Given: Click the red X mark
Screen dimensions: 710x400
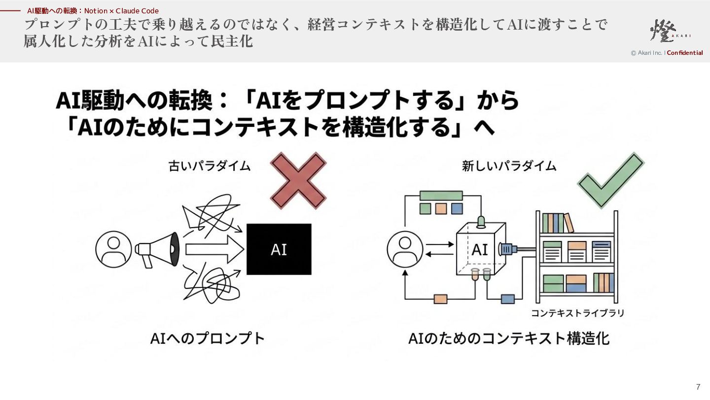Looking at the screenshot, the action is [298, 181].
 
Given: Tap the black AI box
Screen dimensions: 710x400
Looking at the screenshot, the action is [279, 249].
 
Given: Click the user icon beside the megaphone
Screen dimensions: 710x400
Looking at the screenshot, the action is [113, 249].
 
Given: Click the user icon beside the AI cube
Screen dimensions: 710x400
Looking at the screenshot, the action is [405, 249].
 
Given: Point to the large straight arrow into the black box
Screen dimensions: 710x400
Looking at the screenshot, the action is [214, 249].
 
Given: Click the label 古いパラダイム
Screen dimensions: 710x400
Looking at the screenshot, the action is [209, 166].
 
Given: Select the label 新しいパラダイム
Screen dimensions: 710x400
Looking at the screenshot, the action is [509, 166].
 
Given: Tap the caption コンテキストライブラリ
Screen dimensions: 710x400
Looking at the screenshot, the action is [577, 313].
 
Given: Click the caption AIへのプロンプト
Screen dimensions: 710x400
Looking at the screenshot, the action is [207, 338].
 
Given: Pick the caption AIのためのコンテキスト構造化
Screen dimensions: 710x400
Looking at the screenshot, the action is [509, 338].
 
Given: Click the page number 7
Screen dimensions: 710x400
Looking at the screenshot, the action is [698, 387].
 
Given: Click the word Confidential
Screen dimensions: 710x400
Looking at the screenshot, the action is [685, 53].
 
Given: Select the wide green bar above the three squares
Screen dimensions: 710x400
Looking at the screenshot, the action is [441, 196].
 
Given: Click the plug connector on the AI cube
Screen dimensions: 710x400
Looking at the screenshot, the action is [508, 249].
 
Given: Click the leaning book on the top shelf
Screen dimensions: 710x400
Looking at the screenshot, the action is [569, 223].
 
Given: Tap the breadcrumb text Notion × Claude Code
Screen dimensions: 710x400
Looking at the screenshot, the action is [121, 11].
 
